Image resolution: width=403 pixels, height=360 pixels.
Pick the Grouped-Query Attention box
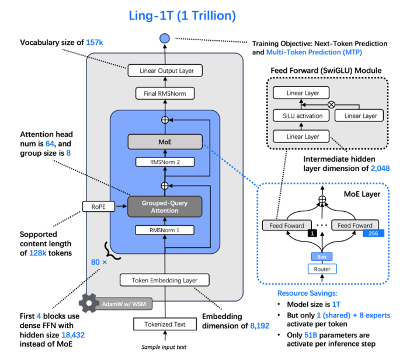click(164, 206)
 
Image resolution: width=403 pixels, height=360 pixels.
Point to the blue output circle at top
click(164, 39)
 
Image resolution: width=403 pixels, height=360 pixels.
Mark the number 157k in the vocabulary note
click(93, 42)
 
